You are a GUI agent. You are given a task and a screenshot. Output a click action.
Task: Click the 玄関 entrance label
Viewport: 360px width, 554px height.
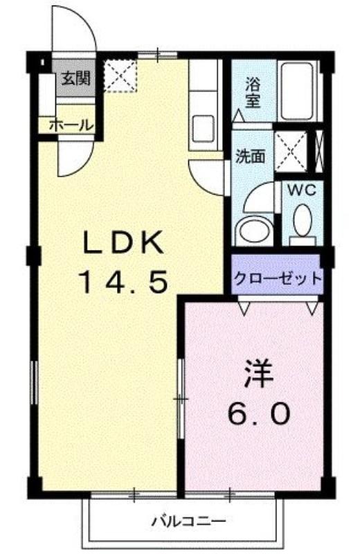point(76,78)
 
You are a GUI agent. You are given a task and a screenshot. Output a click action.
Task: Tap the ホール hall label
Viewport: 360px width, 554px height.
point(71,125)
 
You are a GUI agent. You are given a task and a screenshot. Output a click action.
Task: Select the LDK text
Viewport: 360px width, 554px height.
point(123,242)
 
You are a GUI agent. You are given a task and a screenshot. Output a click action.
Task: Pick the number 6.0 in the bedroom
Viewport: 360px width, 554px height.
point(260,413)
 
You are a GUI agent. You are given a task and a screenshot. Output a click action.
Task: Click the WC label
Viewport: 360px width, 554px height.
point(302,190)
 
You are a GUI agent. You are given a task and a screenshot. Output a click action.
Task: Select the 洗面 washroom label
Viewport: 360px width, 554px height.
point(251,156)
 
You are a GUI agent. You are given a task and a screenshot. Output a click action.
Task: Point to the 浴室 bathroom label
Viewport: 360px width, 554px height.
point(253,93)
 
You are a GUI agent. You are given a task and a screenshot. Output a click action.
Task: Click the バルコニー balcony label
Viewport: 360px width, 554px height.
point(188,521)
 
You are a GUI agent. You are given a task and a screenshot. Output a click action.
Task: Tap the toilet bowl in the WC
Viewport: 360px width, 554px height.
point(303,220)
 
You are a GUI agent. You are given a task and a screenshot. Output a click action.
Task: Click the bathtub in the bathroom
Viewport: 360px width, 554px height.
point(297,91)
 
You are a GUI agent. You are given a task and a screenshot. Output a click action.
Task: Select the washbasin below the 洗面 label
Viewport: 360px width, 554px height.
point(253,231)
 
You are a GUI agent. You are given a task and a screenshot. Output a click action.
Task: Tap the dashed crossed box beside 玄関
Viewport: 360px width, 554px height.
point(120,76)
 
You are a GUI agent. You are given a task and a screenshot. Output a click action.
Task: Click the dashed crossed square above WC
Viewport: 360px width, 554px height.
point(291,152)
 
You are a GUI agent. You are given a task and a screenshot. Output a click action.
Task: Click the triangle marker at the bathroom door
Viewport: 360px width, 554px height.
point(239,116)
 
